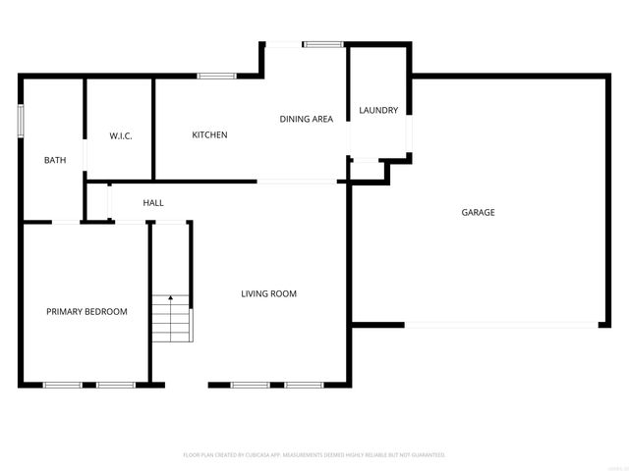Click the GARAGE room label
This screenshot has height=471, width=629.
(x=478, y=212)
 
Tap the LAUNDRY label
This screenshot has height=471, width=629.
(x=378, y=110)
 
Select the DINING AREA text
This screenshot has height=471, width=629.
(x=307, y=119)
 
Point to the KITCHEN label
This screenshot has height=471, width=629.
(x=209, y=134)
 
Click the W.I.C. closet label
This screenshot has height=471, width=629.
(x=120, y=134)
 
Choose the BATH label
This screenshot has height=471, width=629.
(x=55, y=159)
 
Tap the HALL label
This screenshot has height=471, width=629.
(x=153, y=203)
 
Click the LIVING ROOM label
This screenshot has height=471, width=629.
(x=269, y=293)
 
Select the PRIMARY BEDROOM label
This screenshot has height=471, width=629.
(x=86, y=311)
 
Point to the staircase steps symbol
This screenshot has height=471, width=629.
(x=172, y=319)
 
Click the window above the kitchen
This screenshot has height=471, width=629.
(x=215, y=76)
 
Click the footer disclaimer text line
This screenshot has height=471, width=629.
(x=314, y=455)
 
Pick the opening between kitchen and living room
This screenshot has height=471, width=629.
(x=298, y=182)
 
